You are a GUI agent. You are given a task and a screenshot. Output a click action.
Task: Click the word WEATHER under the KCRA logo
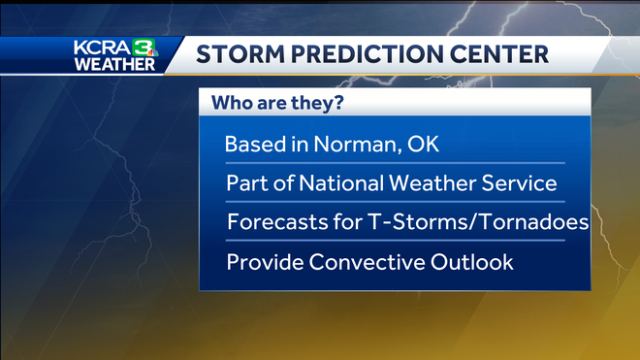click(x=114, y=64)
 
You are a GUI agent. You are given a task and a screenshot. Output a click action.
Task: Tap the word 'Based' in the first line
click(x=251, y=145)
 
